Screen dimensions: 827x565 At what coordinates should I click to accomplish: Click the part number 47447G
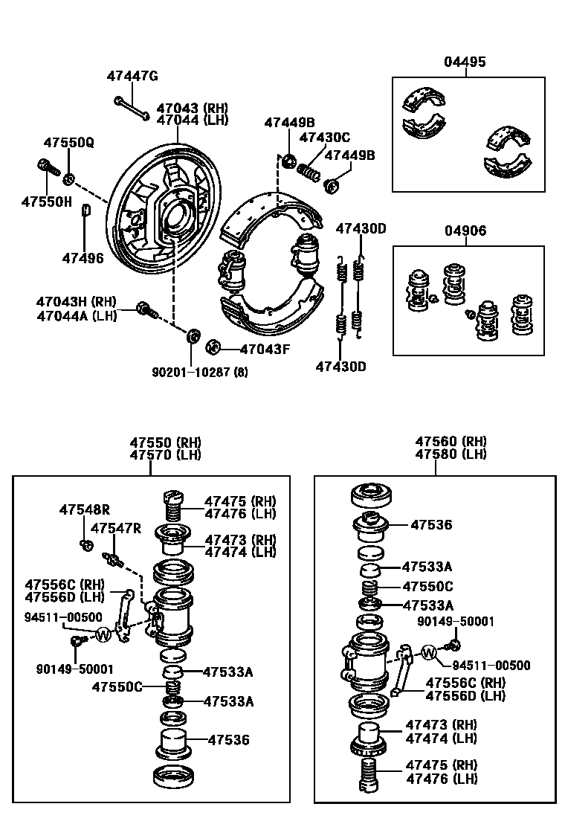tap(132, 76)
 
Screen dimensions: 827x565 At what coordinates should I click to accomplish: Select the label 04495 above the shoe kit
tap(465, 62)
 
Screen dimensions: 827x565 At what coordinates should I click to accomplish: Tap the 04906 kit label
tap(465, 231)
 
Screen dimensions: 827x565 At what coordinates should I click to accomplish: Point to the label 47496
tap(83, 257)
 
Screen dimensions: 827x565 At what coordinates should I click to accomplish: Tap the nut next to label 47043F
tap(212, 346)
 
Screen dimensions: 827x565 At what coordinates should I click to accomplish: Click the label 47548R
tap(84, 509)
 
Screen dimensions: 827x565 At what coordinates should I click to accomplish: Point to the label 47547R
tap(115, 528)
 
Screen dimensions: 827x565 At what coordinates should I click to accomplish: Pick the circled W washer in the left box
tap(103, 634)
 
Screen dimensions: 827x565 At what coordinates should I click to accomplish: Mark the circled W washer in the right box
tap(429, 654)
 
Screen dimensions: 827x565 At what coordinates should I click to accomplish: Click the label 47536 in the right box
tap(430, 524)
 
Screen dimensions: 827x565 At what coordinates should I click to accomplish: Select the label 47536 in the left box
tap(228, 740)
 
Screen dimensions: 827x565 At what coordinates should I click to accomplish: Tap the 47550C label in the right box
tap(427, 586)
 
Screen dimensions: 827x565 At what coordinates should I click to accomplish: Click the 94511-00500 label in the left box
tap(63, 617)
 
